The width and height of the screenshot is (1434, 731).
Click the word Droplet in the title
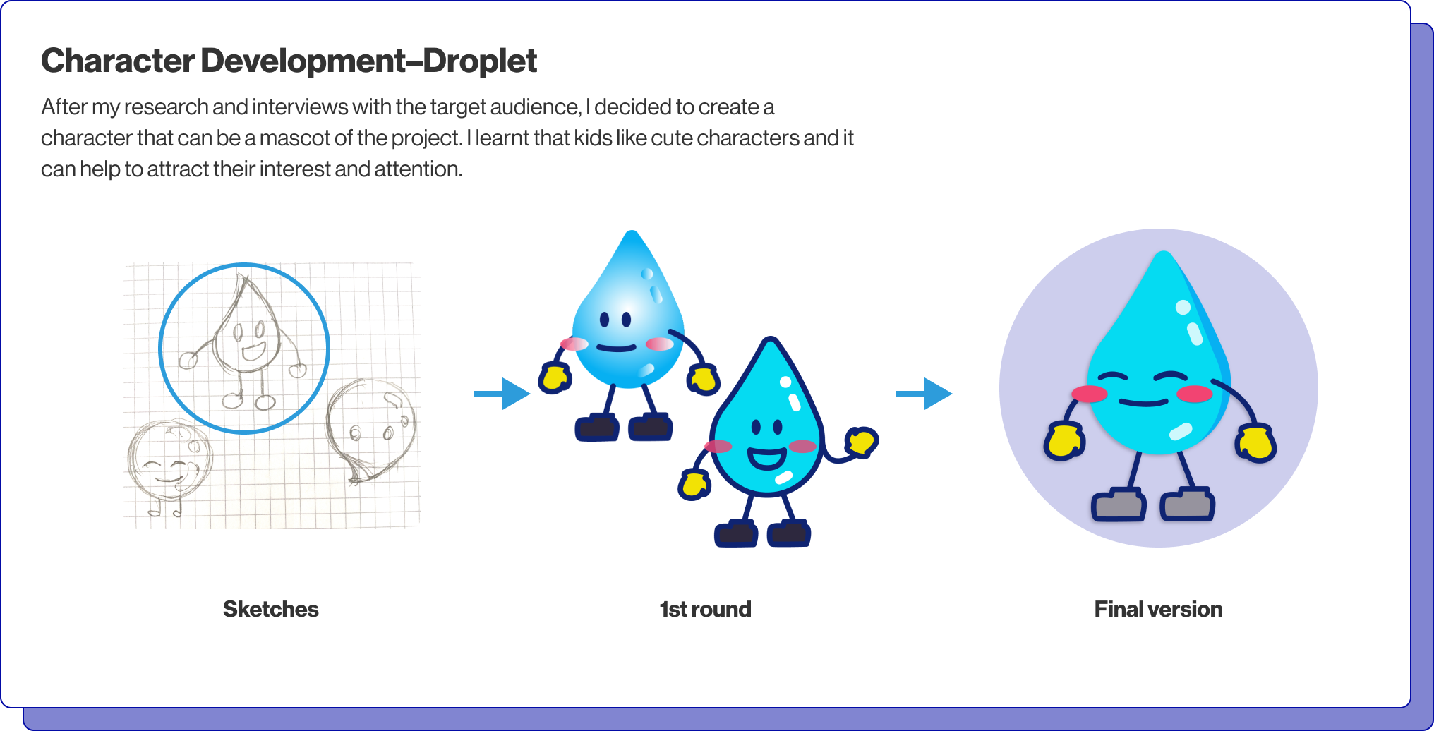pyautogui.click(x=480, y=61)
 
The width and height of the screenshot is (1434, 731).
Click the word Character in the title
pyautogui.click(x=118, y=61)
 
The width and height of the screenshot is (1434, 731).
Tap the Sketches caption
pyautogui.click(x=271, y=609)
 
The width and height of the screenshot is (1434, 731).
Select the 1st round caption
pyautogui.click(x=706, y=609)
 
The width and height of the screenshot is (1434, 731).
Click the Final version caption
pyautogui.click(x=1159, y=609)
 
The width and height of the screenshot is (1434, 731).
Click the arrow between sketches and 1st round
pyautogui.click(x=502, y=393)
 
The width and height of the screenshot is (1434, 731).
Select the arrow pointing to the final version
pyautogui.click(x=924, y=393)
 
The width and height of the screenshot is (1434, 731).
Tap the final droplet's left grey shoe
pyautogui.click(x=1119, y=505)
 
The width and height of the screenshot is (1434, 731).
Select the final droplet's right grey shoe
pyautogui.click(x=1188, y=505)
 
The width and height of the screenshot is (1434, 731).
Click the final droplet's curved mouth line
pyautogui.click(x=1144, y=403)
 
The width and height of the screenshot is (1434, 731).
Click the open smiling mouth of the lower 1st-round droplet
pyautogui.click(x=767, y=458)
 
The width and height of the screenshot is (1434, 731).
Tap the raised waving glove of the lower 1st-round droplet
pyautogui.click(x=862, y=442)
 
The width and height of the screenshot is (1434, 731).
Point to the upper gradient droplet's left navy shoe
pyautogui.click(x=597, y=428)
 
